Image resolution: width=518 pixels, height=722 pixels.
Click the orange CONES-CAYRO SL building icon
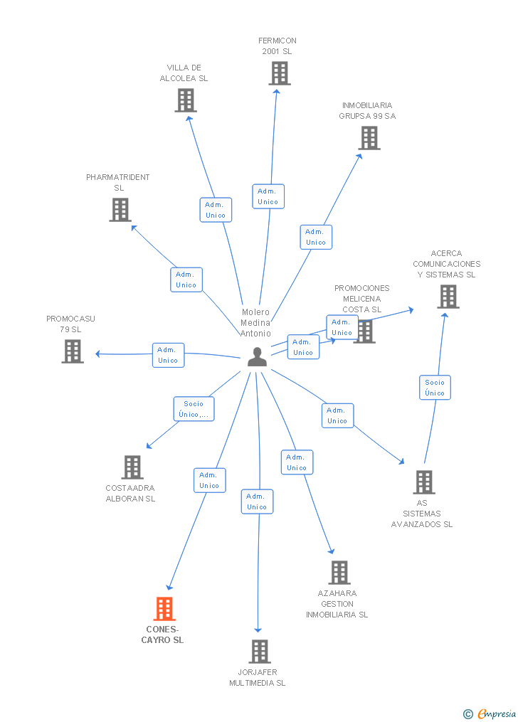(164, 609)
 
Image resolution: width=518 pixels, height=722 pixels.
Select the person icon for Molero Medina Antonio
(257, 357)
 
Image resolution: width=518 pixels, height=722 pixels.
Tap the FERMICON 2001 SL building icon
(280, 73)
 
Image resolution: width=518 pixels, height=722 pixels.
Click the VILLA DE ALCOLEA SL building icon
(186, 100)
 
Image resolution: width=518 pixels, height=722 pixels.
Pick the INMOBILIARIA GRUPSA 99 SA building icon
(369, 138)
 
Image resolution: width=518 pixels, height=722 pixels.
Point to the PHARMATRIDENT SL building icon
(120, 210)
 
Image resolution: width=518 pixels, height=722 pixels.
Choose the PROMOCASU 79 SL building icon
(73, 351)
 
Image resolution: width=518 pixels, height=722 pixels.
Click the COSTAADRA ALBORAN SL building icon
(132, 467)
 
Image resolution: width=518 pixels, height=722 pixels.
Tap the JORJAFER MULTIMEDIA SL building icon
(260, 651)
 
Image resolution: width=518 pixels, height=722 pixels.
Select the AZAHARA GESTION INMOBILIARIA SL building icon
(339, 573)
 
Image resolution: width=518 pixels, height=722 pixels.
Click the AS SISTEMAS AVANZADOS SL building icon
(424, 482)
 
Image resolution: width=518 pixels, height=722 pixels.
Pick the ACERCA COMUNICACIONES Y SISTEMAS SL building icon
(448, 296)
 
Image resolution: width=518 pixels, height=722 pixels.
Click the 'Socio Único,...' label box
(194, 409)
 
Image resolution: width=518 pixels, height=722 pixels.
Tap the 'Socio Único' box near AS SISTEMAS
(435, 388)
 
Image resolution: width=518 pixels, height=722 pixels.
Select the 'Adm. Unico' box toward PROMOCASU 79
(168, 355)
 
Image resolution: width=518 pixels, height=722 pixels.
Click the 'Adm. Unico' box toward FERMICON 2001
(268, 196)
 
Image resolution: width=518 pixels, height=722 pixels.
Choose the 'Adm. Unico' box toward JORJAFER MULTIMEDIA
(257, 501)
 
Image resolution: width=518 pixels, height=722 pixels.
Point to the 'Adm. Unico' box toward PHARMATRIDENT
(186, 280)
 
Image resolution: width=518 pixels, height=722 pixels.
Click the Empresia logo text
(497, 713)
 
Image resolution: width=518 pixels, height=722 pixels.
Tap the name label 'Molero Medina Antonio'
(255, 322)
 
